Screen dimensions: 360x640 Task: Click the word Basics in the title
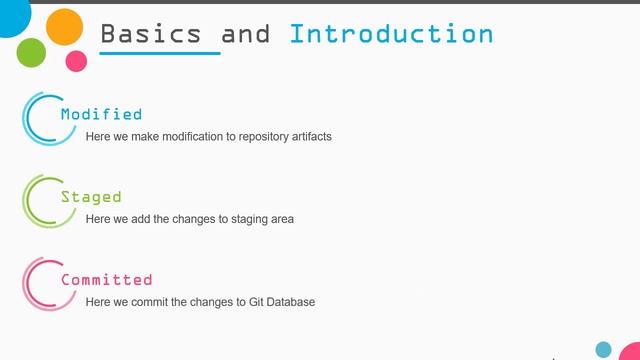pos(149,33)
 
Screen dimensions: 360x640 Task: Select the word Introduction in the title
pos(391,33)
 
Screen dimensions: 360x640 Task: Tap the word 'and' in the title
pos(245,33)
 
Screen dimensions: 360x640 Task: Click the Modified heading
pos(101,114)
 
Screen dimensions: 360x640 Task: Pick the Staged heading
pos(91,197)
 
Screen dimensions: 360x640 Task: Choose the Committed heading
pos(106,280)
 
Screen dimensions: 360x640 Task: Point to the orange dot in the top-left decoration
pos(65,26)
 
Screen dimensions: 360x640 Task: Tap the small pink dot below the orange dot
pos(76,61)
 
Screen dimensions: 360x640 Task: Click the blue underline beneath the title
pos(160,53)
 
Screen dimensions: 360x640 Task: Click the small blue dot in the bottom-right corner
pos(603,349)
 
